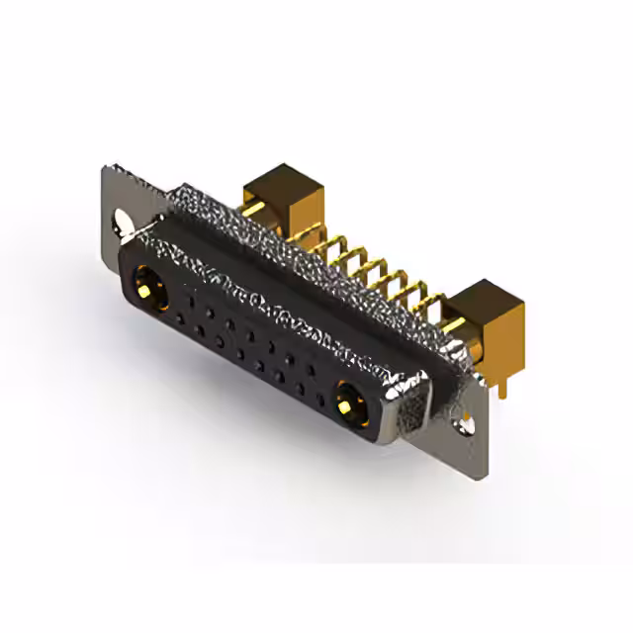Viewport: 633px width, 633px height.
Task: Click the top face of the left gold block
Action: click(272, 181)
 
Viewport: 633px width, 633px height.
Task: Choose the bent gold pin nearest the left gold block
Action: click(312, 236)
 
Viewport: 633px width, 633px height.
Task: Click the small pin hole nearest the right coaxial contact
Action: click(315, 372)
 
